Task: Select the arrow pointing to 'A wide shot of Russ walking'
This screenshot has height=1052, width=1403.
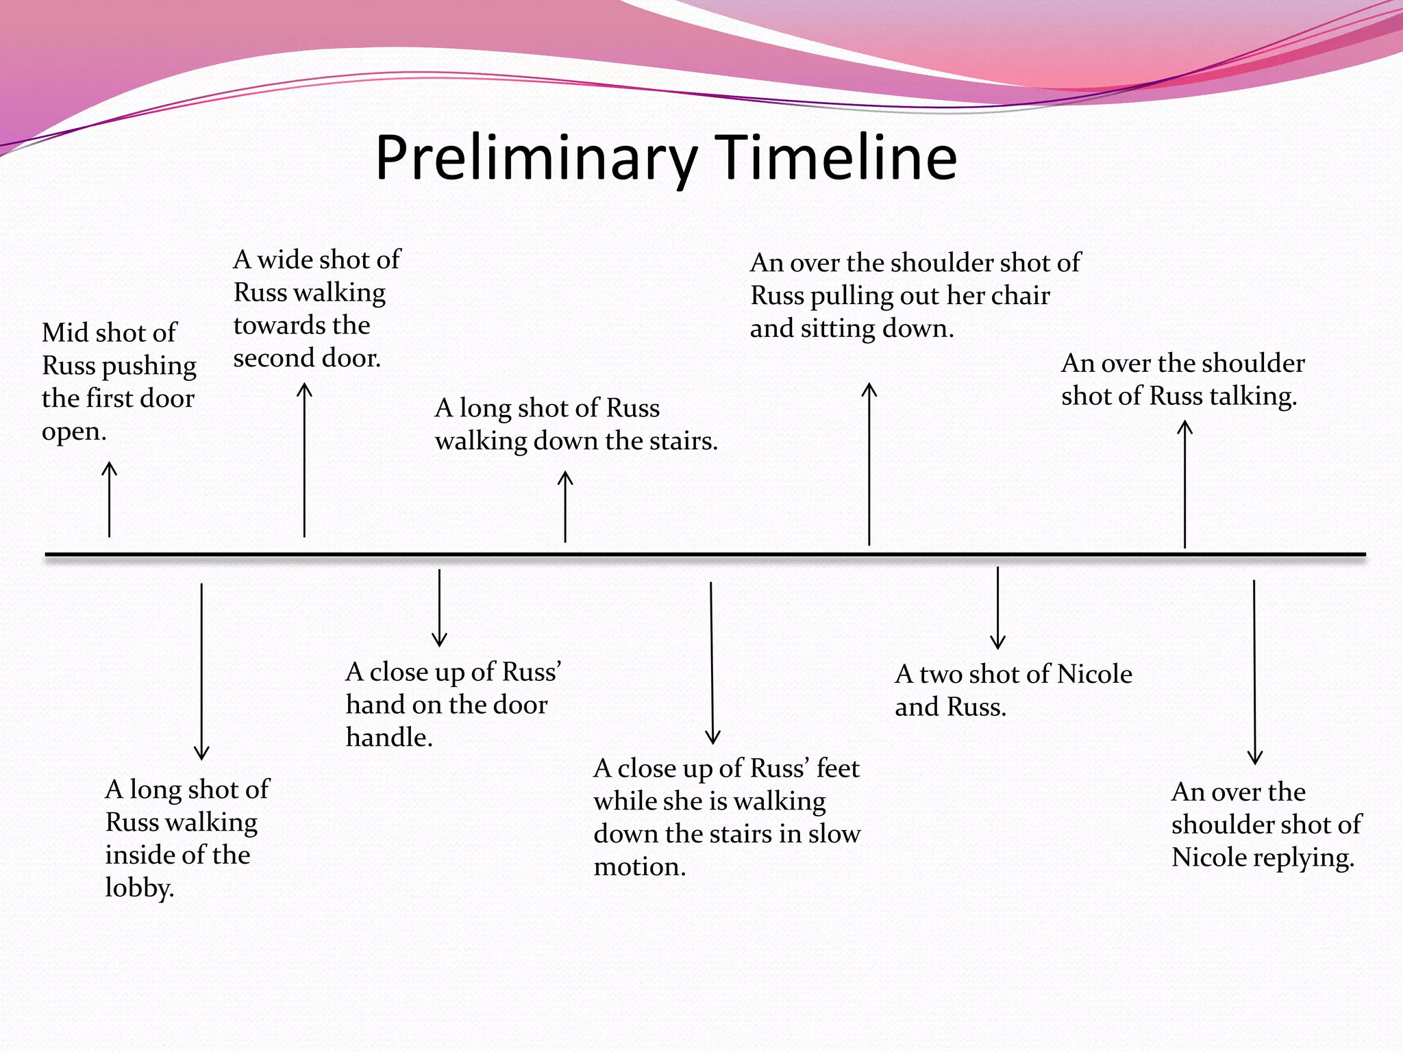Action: click(x=304, y=460)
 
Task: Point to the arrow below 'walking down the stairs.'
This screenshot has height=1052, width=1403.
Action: click(x=565, y=506)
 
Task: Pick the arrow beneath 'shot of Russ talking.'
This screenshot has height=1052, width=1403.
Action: click(x=1184, y=484)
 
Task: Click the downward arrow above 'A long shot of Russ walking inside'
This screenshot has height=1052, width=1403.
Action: click(x=201, y=671)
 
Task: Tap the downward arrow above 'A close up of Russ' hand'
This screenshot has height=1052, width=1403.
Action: click(x=439, y=608)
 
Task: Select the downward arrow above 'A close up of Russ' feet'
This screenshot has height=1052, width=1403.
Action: click(x=712, y=662)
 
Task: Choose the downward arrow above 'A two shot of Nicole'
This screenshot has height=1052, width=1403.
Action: click(x=997, y=608)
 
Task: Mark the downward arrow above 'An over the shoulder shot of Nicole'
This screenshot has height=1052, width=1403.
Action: click(x=1254, y=672)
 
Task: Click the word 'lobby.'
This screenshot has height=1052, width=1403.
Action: click(x=140, y=888)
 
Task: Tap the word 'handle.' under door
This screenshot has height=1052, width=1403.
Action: click(x=389, y=737)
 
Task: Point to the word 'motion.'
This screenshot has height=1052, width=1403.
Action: click(x=639, y=866)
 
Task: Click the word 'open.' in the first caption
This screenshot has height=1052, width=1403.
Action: click(x=74, y=431)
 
